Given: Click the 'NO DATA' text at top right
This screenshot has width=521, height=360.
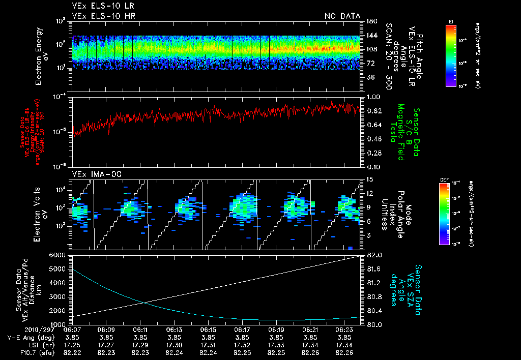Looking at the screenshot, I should pos(342,16).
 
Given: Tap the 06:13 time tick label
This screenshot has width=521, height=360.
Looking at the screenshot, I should pos(175,329).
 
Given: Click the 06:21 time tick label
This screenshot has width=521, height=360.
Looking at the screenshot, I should pos(310,329).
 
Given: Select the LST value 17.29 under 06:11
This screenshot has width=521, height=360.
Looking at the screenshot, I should pos(140,345).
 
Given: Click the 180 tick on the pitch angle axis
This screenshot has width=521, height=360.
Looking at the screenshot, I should pos(370,21).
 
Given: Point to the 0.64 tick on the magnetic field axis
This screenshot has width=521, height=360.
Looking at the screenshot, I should pos(373,125).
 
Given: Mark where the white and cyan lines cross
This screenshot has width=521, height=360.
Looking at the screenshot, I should pos(143,303).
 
